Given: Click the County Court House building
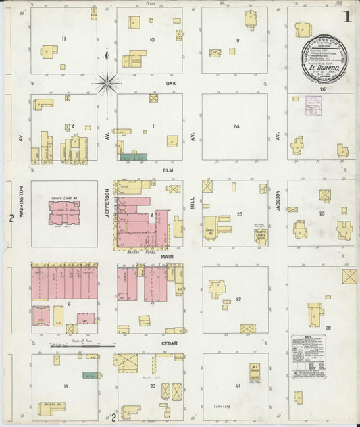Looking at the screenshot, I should (64, 212).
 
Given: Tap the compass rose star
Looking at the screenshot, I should (107, 84).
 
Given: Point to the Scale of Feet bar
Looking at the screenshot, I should (74, 346).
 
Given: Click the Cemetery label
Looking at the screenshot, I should (224, 407).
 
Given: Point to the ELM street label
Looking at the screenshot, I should (169, 171).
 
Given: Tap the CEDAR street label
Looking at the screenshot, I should (169, 343).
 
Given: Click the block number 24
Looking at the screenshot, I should (236, 126).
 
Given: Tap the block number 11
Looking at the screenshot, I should (63, 39).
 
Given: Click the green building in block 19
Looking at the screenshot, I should (88, 374).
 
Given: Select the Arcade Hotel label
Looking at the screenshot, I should (140, 251).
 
